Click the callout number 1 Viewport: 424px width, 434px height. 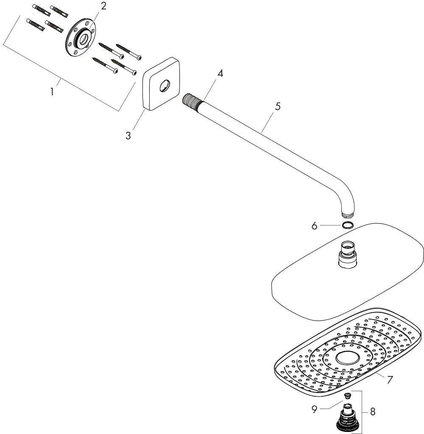[52, 92]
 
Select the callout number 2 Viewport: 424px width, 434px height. [103, 6]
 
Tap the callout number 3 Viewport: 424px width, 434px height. [128, 136]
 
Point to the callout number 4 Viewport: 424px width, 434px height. [220, 73]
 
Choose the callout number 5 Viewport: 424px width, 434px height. [278, 106]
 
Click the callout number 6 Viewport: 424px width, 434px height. [314, 226]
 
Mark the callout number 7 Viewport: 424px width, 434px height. [390, 380]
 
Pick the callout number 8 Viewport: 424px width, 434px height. [373, 412]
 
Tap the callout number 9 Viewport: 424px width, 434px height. [314, 410]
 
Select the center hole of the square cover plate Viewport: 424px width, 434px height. [164, 86]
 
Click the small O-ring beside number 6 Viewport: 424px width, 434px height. [348, 225]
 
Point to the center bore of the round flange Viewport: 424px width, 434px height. [83, 39]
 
